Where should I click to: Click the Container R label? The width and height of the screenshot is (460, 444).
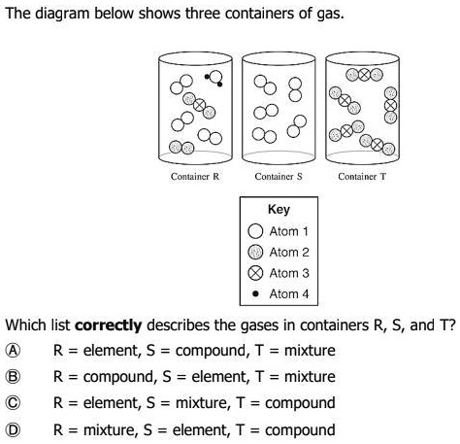tap(194, 178)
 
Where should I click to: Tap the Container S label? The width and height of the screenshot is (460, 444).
tap(279, 178)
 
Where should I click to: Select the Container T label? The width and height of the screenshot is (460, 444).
tap(362, 178)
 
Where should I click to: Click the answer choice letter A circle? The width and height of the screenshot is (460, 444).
tap(13, 350)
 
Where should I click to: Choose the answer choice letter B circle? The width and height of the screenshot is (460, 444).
tap(13, 376)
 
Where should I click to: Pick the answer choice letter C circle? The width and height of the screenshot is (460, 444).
tap(13, 402)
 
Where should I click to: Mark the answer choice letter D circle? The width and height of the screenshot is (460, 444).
tap(13, 428)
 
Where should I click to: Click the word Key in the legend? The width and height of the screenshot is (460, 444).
tap(279, 210)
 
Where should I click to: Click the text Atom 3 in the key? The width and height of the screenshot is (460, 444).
tap(289, 273)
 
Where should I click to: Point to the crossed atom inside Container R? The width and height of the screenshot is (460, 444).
tap(199, 104)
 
